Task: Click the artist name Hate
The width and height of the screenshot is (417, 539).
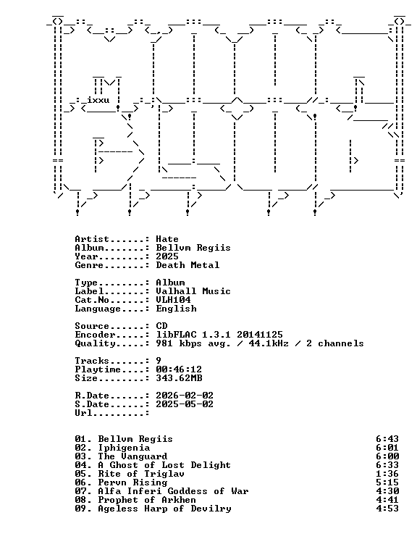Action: tap(167, 239)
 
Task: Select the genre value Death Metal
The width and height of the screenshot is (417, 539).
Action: tap(188, 265)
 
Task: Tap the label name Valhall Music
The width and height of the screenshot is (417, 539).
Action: tap(193, 291)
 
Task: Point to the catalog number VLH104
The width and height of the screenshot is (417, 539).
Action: tap(173, 300)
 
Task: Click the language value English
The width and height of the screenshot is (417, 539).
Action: tap(176, 309)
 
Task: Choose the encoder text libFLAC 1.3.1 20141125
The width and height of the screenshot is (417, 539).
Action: tap(219, 335)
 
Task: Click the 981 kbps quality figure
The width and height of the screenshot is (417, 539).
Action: tap(179, 343)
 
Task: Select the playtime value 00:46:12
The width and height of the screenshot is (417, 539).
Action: tap(179, 369)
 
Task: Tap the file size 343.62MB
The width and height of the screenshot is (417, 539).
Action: tap(179, 378)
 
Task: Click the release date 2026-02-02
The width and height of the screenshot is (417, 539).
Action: tap(185, 396)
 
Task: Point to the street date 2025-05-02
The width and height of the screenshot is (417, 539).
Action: tap(185, 404)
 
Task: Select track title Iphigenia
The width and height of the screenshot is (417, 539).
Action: tap(124, 448)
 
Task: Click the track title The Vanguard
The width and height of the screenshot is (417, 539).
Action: tap(132, 456)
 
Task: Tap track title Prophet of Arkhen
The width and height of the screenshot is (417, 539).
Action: tap(147, 500)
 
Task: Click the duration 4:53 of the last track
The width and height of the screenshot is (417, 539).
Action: tap(387, 509)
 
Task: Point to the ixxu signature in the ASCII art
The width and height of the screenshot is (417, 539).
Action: tap(98, 100)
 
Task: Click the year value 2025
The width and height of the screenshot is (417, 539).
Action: tap(167, 256)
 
